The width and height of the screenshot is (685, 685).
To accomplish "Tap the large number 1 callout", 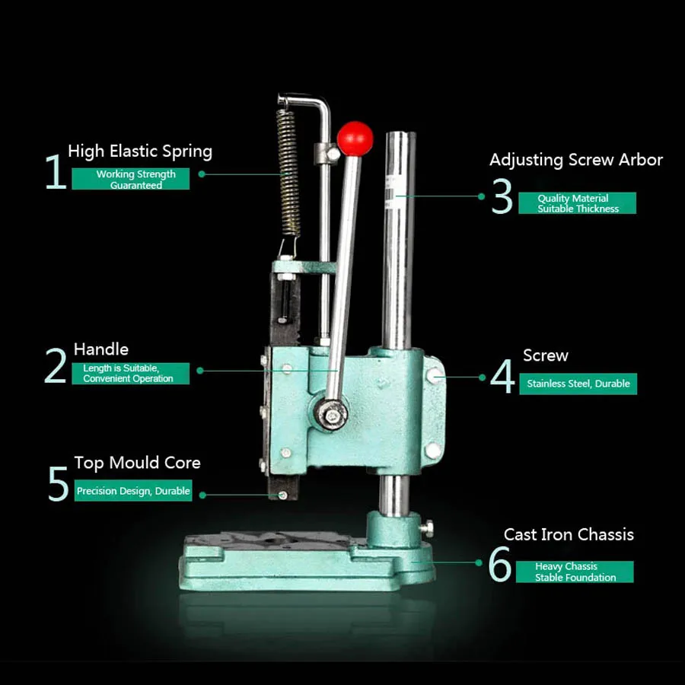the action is [56, 171].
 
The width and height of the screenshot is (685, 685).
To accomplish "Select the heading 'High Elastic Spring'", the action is [140, 151].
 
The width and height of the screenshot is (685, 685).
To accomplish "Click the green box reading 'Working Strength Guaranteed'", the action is [131, 179].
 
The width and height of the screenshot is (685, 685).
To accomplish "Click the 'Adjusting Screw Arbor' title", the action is [576, 160].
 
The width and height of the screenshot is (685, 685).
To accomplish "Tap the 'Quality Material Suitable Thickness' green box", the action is [577, 203].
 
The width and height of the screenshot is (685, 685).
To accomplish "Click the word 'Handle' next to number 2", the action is [101, 349].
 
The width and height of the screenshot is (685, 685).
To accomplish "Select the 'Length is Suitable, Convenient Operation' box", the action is [131, 374].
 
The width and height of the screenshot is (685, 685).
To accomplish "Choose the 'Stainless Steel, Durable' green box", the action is [578, 384].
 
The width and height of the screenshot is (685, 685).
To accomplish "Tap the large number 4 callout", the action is [502, 376].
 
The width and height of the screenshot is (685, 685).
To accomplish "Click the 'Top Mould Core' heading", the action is [137, 463].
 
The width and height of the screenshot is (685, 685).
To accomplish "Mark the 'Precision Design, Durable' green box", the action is [133, 491].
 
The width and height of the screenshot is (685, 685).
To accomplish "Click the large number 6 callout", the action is [500, 564].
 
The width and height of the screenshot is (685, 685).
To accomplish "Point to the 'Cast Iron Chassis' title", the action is [569, 535].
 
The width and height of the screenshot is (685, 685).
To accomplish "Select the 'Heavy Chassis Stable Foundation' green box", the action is [575, 572].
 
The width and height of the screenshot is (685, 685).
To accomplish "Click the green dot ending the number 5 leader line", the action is [202, 495].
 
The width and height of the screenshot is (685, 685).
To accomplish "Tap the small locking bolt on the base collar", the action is [427, 528].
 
